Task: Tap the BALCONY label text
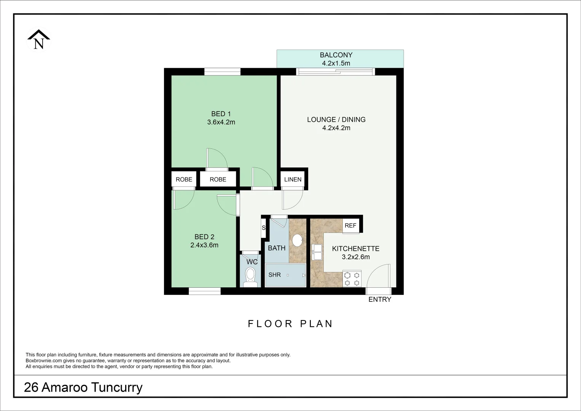(x=336, y=55)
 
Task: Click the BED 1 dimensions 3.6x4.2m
(x=221, y=122)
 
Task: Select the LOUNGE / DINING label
(x=336, y=119)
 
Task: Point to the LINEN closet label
(x=293, y=180)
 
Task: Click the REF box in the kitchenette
(x=350, y=226)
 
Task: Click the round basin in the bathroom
(x=297, y=241)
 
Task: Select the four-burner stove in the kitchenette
(x=352, y=278)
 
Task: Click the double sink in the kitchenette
(x=317, y=252)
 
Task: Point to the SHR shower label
(x=274, y=275)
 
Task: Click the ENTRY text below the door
(x=380, y=299)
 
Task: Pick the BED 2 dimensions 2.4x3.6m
(x=204, y=245)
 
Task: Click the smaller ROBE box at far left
(x=184, y=180)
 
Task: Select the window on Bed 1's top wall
(x=222, y=72)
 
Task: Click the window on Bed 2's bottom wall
(x=205, y=291)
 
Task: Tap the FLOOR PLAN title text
(x=290, y=324)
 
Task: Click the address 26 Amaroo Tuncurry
(x=83, y=387)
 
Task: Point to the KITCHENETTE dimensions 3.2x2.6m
(x=356, y=257)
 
